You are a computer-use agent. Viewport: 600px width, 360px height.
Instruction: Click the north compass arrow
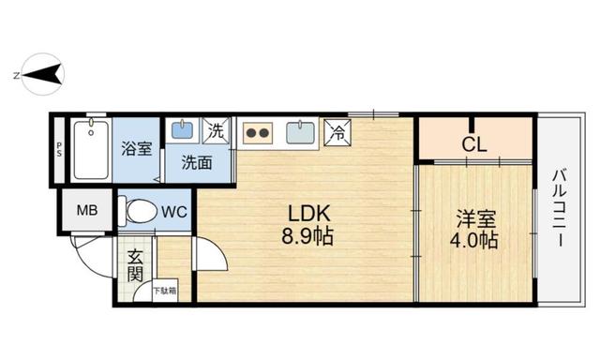click(43, 74)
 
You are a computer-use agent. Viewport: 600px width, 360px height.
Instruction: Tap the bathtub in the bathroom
click(91, 150)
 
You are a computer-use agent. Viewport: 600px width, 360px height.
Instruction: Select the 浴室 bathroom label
click(137, 148)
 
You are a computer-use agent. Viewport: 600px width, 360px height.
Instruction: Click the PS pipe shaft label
click(59, 149)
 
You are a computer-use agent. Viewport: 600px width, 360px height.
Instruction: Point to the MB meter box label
click(87, 210)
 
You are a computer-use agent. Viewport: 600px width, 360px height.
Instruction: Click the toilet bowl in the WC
click(138, 210)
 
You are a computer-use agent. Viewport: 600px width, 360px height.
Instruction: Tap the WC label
click(174, 212)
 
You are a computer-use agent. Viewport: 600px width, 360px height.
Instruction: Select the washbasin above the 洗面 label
click(183, 129)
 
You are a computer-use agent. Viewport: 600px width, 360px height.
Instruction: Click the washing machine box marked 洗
click(217, 131)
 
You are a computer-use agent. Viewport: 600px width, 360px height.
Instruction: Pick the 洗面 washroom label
click(197, 162)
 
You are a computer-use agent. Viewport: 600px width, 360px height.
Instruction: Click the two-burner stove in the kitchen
click(258, 133)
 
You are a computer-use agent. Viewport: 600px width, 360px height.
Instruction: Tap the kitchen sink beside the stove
click(301, 132)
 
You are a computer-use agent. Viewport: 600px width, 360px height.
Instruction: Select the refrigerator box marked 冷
click(337, 132)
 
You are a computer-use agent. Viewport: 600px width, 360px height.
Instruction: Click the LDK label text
click(308, 214)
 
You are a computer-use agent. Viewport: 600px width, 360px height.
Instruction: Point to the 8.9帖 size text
click(307, 236)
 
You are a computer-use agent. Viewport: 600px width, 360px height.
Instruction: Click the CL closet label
click(474, 144)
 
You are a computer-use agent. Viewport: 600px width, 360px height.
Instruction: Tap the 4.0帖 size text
click(473, 240)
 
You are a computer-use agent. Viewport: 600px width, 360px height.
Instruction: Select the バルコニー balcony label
click(560, 208)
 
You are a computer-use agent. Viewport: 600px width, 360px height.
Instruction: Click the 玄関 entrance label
click(135, 265)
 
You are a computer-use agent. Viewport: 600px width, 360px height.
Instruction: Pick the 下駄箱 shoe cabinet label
click(165, 292)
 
